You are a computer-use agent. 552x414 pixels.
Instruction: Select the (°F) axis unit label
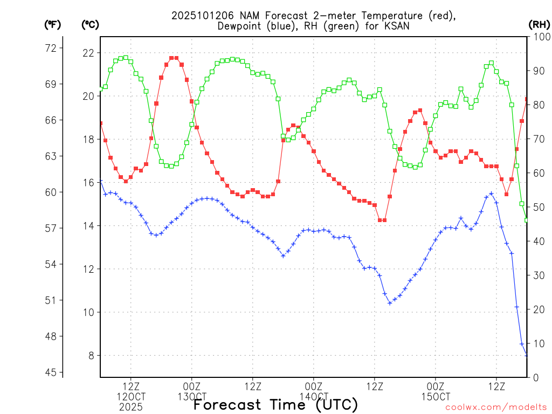52,24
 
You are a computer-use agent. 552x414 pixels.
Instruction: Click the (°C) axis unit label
90,24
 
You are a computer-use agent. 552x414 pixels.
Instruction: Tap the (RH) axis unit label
539,24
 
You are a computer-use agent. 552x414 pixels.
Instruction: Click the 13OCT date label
191,397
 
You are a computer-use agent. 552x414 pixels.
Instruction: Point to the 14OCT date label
313,397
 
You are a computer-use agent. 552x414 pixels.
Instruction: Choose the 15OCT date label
435,397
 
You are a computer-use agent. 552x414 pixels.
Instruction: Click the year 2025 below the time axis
130,407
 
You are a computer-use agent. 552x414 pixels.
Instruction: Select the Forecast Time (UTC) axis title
275,404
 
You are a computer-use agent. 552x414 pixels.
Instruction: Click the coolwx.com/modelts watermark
496,408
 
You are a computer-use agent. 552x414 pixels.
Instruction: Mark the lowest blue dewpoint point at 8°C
527,355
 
